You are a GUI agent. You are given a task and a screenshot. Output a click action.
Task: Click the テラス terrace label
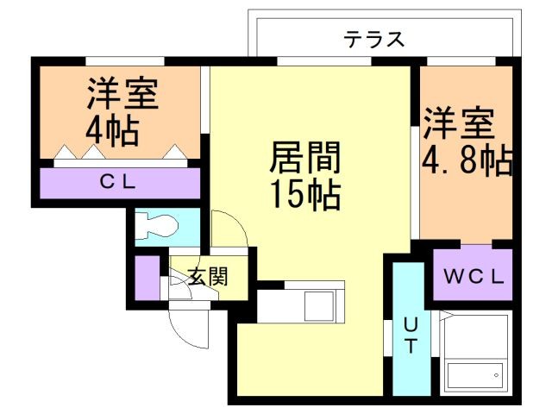pyautogui.click(x=374, y=40)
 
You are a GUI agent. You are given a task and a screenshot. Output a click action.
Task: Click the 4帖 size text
pyautogui.click(x=113, y=130)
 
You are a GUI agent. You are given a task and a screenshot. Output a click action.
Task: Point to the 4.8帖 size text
pyautogui.click(x=467, y=160)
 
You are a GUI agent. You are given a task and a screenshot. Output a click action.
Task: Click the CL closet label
pyautogui.click(x=120, y=182)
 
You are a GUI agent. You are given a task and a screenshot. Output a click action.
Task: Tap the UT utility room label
pyautogui.click(x=411, y=336)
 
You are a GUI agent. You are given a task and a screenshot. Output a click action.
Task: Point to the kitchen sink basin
pyautogui.click(x=323, y=304)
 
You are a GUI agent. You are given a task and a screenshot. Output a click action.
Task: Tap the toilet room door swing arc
pyautogui.click(x=229, y=229)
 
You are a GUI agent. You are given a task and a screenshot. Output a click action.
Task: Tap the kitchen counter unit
pyautogui.click(x=302, y=302)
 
